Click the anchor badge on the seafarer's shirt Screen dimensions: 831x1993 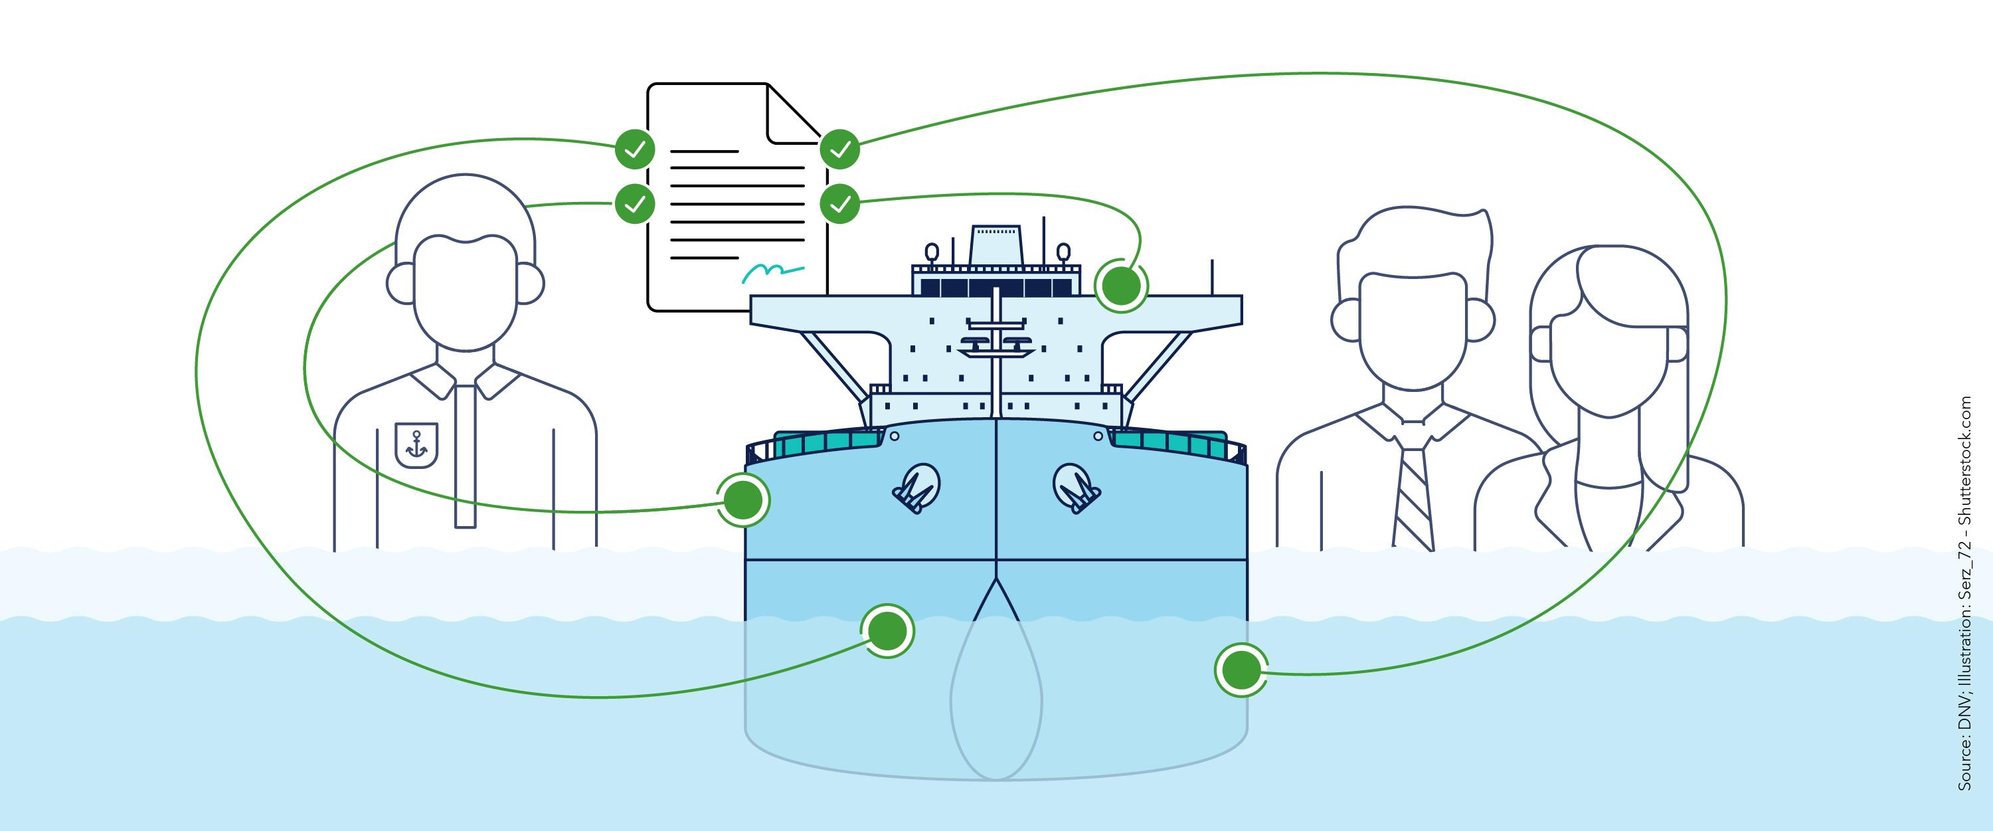[416, 445]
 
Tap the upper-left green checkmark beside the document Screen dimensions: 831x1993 [635, 149]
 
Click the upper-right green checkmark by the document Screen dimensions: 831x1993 [839, 149]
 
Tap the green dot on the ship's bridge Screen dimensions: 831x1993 [1121, 286]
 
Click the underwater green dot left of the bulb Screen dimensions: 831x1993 [887, 630]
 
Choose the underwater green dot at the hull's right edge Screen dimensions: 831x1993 [1241, 670]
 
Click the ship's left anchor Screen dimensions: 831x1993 [917, 488]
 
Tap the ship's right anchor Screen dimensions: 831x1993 [1076, 488]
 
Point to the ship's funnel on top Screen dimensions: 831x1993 [996, 245]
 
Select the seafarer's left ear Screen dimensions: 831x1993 [400, 284]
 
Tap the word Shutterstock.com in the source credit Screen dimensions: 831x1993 [1964, 461]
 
